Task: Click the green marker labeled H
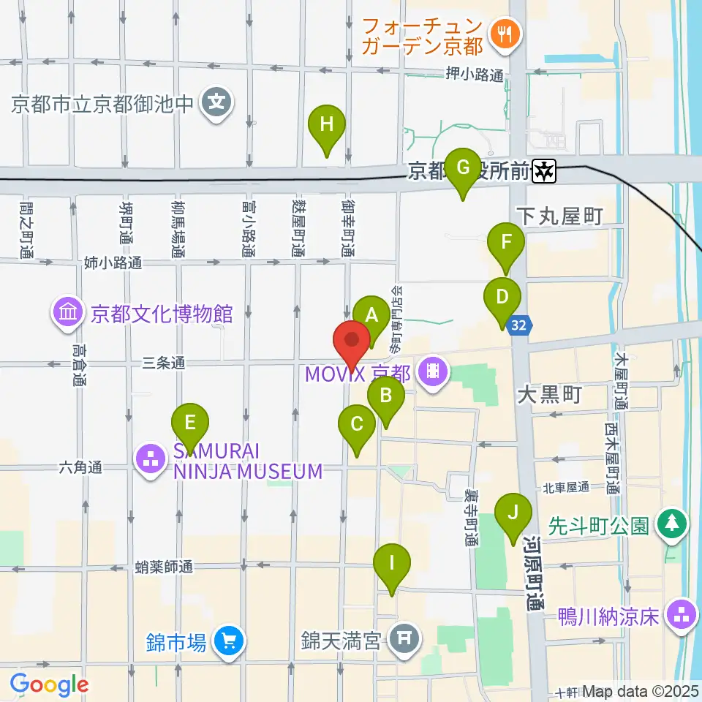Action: (x=326, y=125)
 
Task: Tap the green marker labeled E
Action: (x=190, y=423)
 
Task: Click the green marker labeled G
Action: (x=463, y=167)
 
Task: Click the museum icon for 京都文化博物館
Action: (x=67, y=314)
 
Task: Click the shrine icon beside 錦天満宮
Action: (x=404, y=638)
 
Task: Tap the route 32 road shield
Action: (x=520, y=324)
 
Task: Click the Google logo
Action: (x=49, y=684)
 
